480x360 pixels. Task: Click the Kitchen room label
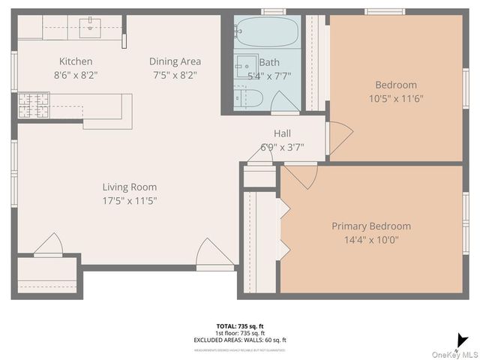76,61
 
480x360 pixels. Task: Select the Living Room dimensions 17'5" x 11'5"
130,200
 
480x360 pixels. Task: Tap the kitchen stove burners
34,106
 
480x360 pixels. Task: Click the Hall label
282,133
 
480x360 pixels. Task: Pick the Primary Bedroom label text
371,226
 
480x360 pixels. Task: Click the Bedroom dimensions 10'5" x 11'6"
397,98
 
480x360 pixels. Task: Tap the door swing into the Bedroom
339,137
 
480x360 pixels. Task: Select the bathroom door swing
284,103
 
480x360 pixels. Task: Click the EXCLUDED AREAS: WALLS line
240,340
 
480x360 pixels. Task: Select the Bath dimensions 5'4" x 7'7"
270,76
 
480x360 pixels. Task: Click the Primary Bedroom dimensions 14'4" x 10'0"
371,240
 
